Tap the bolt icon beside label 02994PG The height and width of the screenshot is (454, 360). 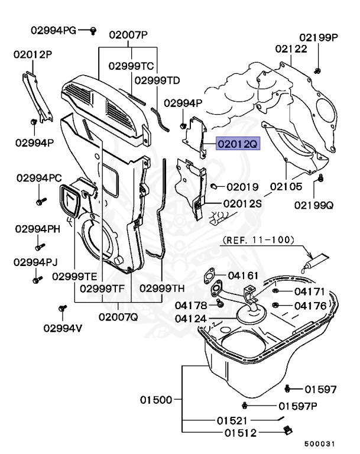[x=93, y=31]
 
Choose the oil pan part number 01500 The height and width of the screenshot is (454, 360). [x=156, y=400]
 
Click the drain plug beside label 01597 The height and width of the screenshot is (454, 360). [x=288, y=388]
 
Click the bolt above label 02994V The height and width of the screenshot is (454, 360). [x=62, y=309]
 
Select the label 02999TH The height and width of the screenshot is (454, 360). [x=162, y=289]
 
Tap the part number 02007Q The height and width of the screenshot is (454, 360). [x=118, y=316]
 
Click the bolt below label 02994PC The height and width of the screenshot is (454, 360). [x=40, y=202]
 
